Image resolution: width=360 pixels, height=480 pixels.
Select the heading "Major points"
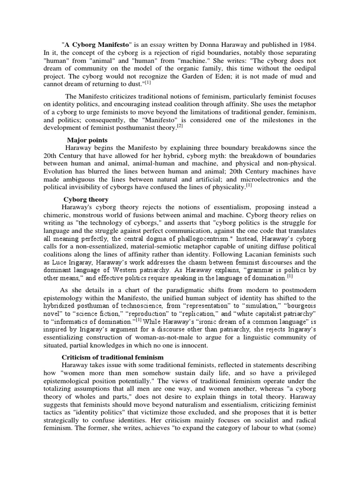[87, 140]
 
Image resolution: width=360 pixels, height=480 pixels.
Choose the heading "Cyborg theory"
[86, 199]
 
